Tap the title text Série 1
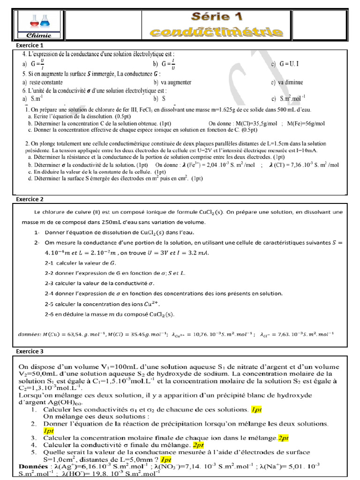coord(217,17)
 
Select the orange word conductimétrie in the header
coord(217,32)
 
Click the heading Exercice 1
coord(30,45)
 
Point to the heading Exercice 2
coord(30,199)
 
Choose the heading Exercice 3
coord(30,351)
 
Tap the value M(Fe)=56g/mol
coord(306,123)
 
